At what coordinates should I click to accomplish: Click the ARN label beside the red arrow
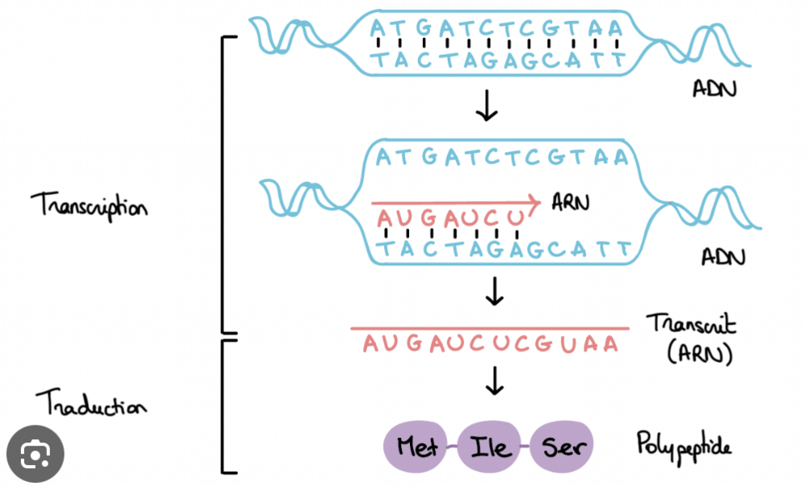[571, 201]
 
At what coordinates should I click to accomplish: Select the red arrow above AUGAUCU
[456, 202]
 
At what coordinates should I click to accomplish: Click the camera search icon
[33, 455]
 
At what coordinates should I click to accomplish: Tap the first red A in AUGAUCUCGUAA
[370, 344]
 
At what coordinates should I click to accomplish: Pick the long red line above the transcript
[489, 328]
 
